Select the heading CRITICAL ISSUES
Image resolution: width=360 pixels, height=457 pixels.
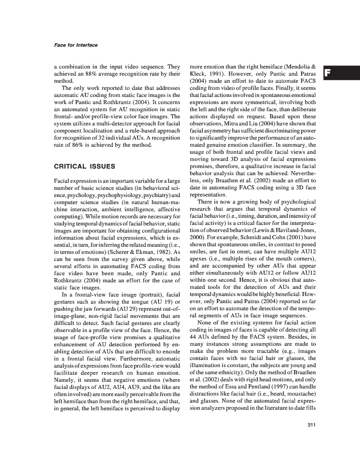84,166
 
